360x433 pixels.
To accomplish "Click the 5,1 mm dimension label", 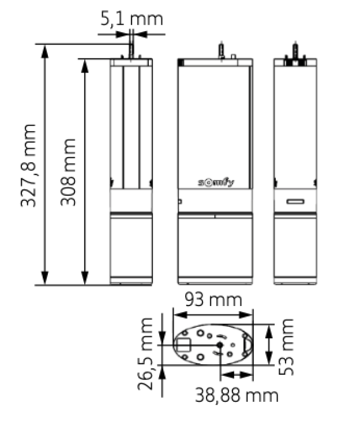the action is [x=132, y=19].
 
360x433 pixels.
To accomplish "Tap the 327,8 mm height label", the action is [x=28, y=166].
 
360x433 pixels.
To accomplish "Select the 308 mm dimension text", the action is [x=68, y=172].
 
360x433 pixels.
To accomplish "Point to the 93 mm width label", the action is [x=213, y=300].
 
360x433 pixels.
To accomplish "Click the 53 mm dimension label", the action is [x=286, y=347].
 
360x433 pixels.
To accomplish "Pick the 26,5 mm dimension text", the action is [x=145, y=354].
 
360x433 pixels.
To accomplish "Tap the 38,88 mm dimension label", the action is [x=237, y=395].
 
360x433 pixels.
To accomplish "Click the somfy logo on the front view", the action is [x=216, y=182].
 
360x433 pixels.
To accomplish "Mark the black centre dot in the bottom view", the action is [x=220, y=345].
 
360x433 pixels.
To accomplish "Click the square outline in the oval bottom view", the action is [x=183, y=345].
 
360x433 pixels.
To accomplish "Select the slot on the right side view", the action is [x=295, y=201].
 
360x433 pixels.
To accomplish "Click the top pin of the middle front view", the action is [x=221, y=50].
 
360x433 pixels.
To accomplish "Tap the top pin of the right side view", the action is [x=295, y=50].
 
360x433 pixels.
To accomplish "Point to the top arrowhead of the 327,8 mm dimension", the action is [x=44, y=51].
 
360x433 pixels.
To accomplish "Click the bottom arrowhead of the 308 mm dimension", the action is [x=85, y=278].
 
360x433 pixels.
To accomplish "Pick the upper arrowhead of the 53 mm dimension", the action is [x=269, y=331].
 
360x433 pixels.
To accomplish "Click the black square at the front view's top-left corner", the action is [x=181, y=63].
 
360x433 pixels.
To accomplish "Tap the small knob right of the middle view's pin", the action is [x=234, y=57].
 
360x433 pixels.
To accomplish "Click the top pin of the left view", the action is [x=132, y=51].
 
